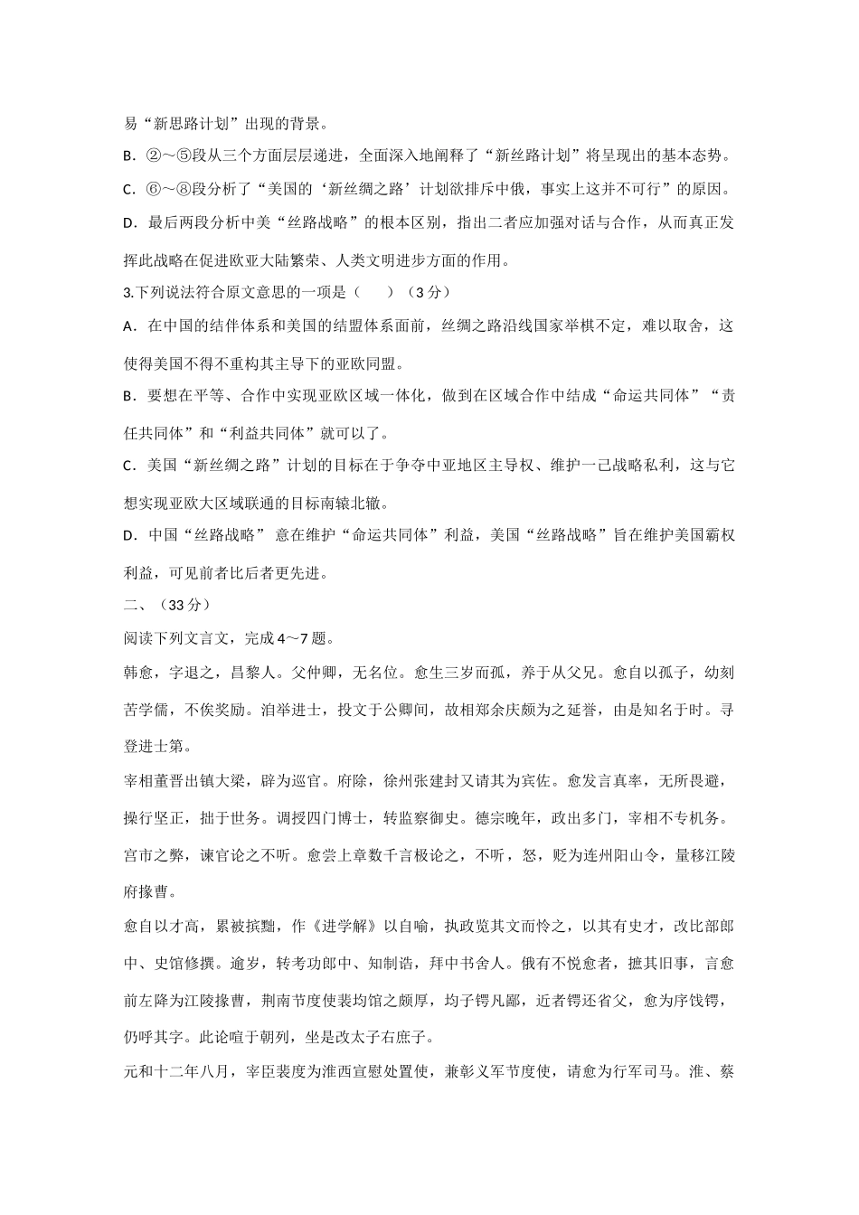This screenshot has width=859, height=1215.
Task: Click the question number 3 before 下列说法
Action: tap(126, 292)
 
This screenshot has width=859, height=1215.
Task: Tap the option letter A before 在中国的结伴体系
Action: tap(127, 325)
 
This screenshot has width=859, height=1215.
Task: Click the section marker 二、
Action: tap(135, 605)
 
